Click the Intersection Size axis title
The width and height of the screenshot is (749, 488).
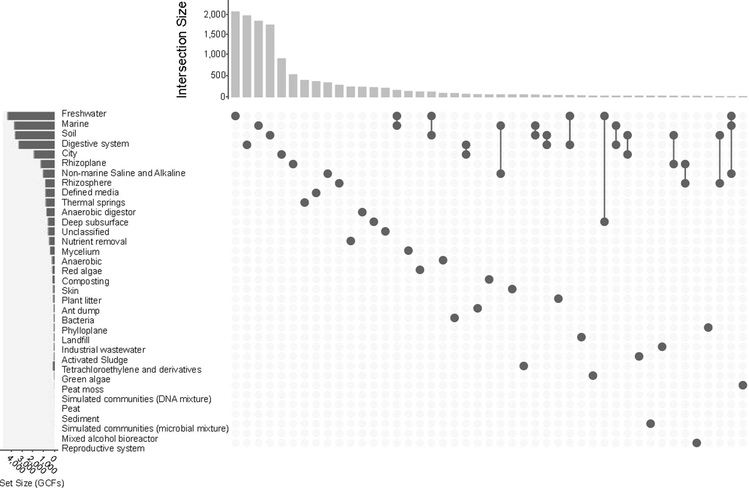(181, 50)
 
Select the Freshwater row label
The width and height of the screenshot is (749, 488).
(84, 113)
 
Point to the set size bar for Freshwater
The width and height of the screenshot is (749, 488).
(31, 116)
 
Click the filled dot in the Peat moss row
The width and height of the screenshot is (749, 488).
(743, 385)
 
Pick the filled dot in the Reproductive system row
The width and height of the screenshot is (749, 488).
(697, 443)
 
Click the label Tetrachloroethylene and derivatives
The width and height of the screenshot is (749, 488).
(131, 370)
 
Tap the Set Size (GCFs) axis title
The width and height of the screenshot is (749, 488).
(32, 483)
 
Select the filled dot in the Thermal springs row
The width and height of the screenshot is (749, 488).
(304, 203)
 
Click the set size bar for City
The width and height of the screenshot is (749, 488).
(44, 154)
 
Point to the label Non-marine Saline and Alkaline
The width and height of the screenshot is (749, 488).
(123, 173)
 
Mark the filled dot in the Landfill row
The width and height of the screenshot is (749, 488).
(581, 337)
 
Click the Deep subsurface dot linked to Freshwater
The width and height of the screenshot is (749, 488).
(604, 222)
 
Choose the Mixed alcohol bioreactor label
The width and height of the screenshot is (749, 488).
(110, 439)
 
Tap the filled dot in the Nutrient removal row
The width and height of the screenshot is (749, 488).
(350, 241)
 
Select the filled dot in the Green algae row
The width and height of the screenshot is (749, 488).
(593, 375)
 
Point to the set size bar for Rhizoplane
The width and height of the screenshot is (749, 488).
(47, 164)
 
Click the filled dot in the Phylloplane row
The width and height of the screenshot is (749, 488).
(708, 327)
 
